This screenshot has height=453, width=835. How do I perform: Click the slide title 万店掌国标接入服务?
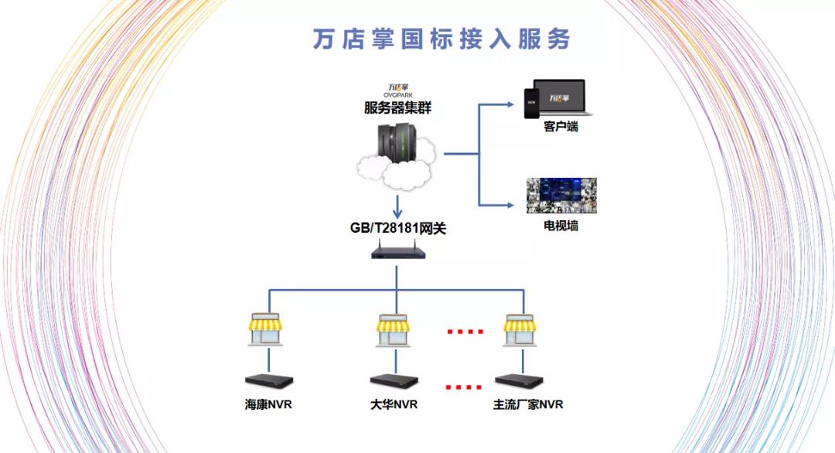(441, 39)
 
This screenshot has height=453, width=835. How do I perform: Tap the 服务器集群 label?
(397, 108)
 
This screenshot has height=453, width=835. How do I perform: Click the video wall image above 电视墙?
(561, 196)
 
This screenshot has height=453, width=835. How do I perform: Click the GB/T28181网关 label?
(397, 228)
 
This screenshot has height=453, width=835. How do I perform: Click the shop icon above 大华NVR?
(394, 330)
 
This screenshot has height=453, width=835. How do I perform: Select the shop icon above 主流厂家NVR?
(520, 330)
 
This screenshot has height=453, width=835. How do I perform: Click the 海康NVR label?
(269, 404)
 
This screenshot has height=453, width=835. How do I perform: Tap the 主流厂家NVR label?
(528, 404)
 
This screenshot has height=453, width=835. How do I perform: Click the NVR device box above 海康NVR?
(269, 381)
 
